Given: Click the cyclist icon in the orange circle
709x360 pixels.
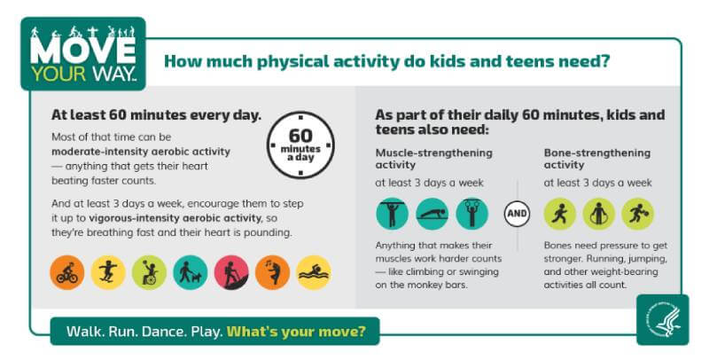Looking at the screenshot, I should coord(66,272).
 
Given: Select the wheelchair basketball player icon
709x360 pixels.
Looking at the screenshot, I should coord(149,272).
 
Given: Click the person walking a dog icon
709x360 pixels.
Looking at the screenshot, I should coord(190,272).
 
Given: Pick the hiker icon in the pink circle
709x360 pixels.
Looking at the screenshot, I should coord(231,272).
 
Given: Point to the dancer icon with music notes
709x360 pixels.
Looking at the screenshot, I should coord(272,272).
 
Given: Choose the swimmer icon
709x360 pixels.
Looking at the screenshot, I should coord(313,272).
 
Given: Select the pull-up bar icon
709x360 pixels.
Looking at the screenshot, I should coord(392,213).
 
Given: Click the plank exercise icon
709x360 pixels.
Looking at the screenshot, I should coord(432,213).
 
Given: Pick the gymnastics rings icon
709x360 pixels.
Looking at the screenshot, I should coord(471,213).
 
